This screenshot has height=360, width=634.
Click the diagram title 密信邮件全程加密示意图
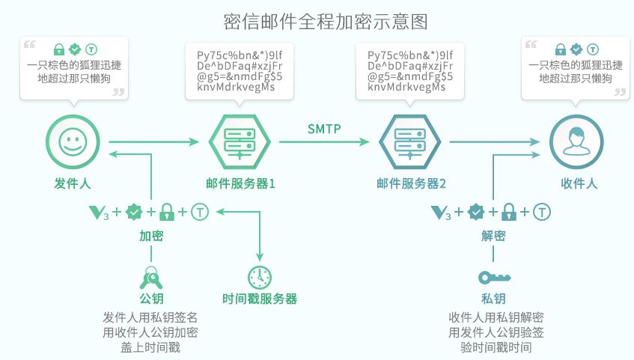coord(326,20)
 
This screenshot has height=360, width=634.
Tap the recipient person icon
coord(576,140)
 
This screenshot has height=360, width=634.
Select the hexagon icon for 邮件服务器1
coord(238,140)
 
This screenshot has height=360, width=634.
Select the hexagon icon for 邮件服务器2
coord(409,140)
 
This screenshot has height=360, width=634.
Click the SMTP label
coord(324,129)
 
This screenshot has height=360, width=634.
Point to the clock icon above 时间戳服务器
coord(259,276)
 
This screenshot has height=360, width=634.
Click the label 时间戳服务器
coord(260,299)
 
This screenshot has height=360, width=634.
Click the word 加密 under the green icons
coord(151,236)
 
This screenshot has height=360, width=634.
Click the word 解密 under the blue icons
coord(493,236)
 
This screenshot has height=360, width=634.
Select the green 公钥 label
coord(151,299)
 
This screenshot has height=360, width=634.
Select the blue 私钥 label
coord(493,299)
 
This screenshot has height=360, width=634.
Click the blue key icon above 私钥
coord(494,277)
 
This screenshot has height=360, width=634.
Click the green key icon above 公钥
coord(151,278)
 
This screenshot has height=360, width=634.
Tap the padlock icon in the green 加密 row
coord(167,212)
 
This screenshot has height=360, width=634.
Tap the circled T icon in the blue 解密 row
coord(542,212)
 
